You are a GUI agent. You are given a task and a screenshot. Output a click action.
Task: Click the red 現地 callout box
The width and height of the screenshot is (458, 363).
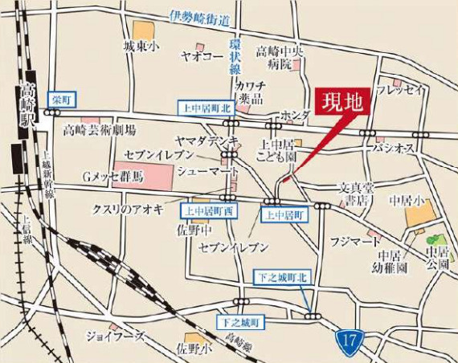344,103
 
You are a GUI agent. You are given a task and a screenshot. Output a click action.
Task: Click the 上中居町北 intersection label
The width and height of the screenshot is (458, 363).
202,107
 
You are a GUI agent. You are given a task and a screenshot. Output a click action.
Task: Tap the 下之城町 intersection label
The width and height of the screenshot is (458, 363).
239,322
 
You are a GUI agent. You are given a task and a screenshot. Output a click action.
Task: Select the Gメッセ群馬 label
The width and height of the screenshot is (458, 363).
112,175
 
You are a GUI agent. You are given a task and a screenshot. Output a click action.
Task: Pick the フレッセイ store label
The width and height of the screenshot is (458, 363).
399,89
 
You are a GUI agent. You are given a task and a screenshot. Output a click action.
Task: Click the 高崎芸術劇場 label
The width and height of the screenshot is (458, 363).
100,129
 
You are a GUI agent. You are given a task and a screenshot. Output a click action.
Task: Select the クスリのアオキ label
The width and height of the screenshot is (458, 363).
128,210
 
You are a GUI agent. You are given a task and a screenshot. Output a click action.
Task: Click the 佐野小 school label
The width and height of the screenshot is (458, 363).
194,349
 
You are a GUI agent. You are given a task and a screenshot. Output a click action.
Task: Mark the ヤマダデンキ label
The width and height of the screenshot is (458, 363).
207,141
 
